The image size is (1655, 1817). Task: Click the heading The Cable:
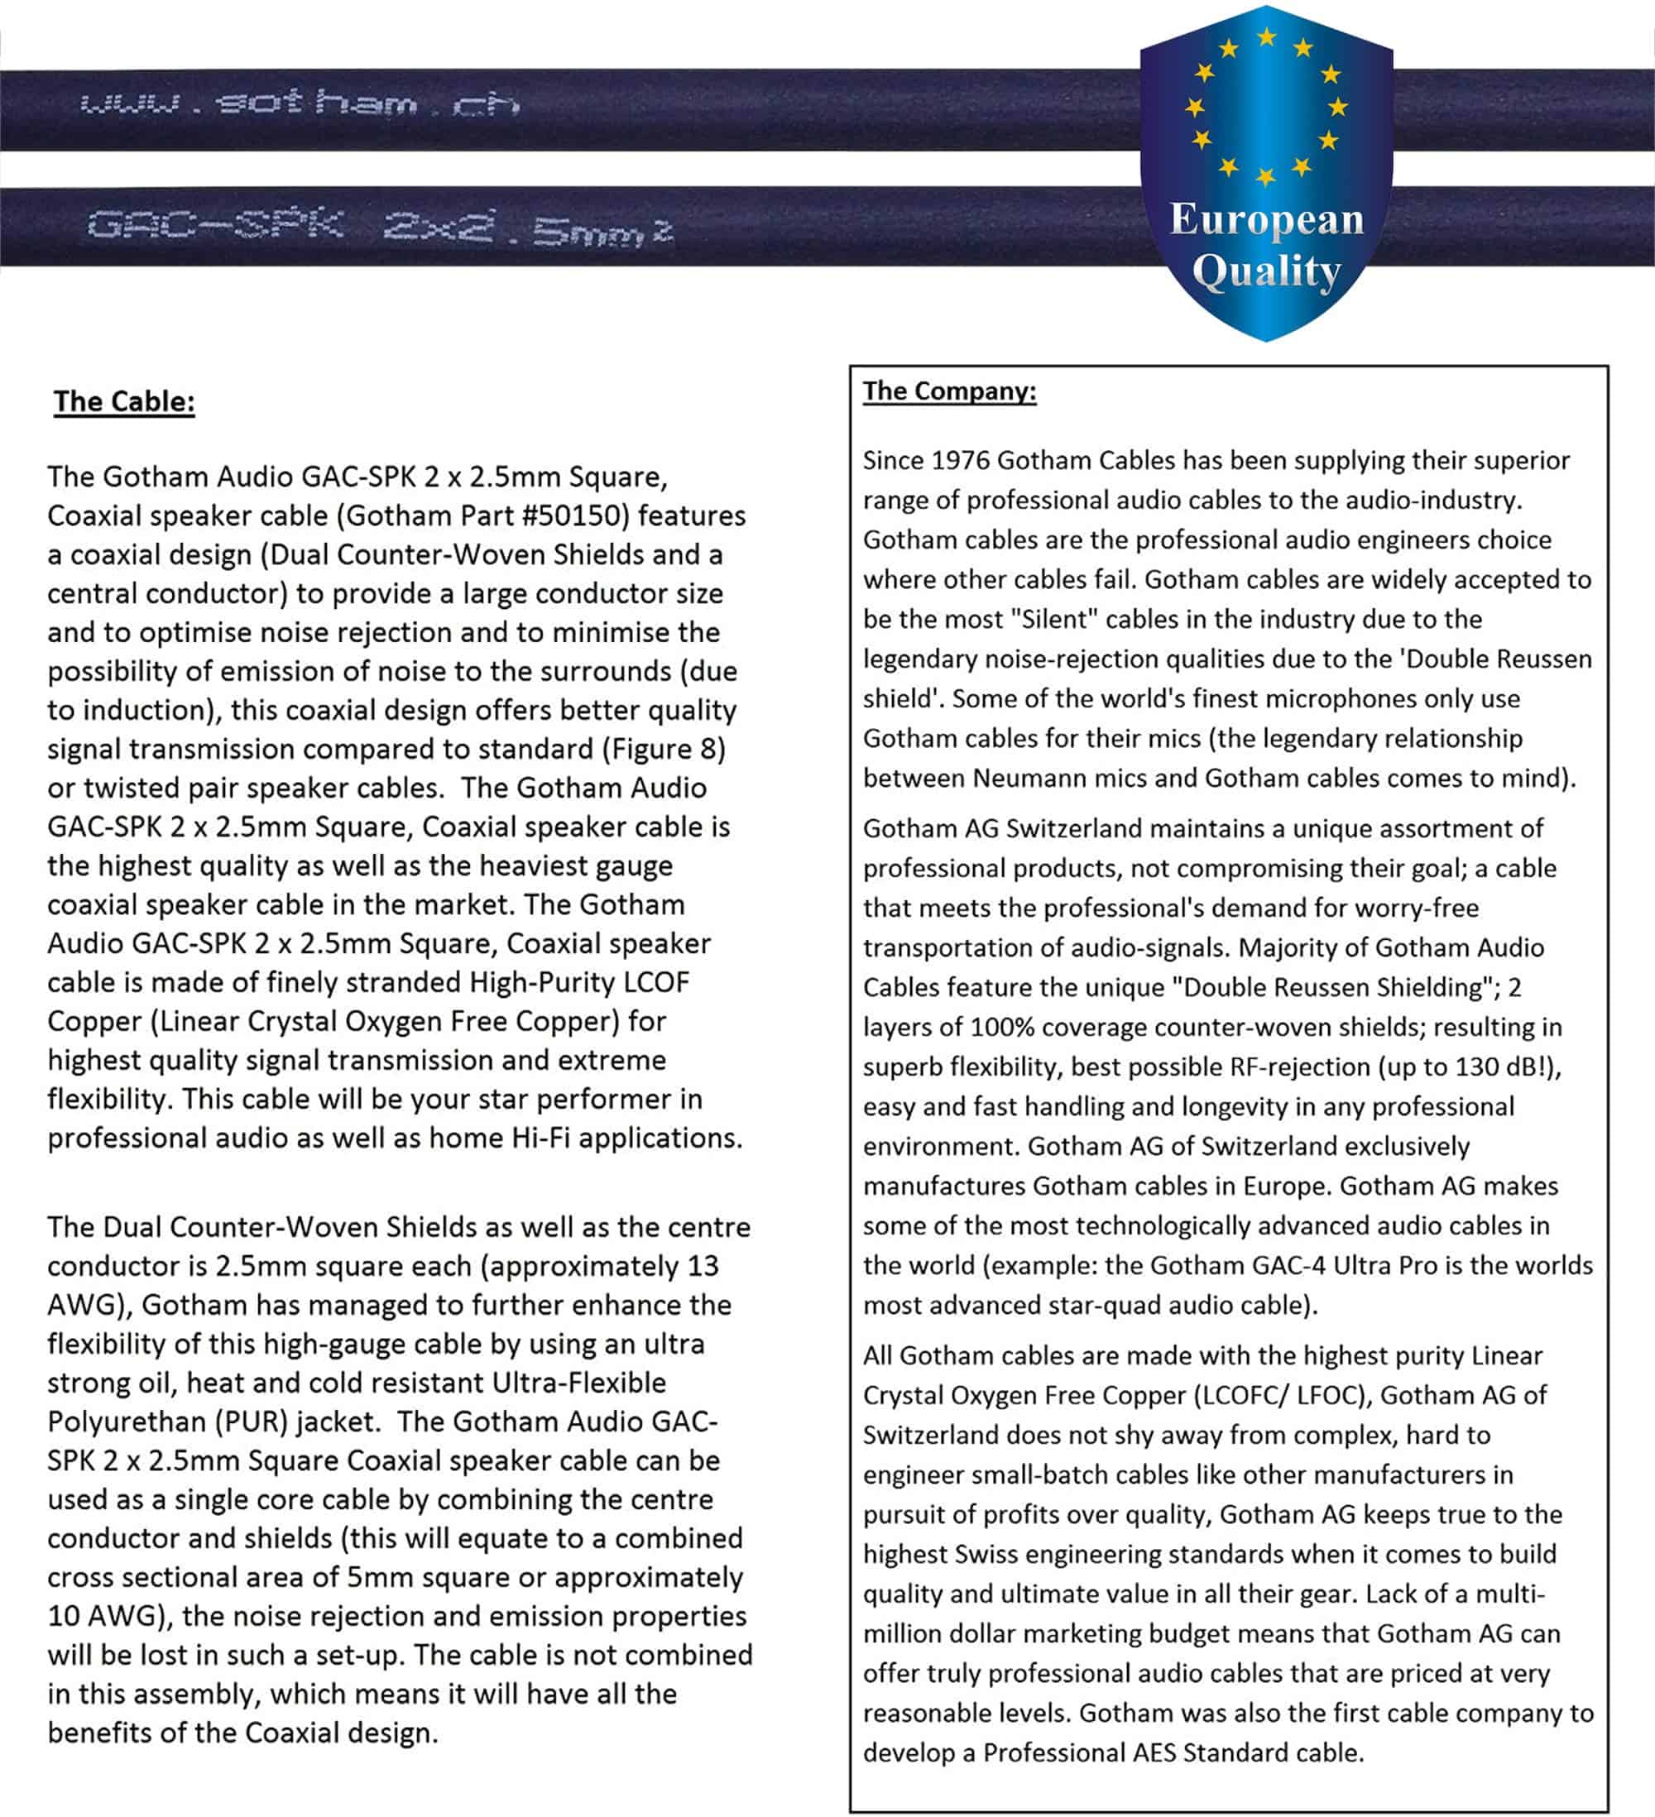tap(124, 402)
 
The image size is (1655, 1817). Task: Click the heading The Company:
tap(949, 391)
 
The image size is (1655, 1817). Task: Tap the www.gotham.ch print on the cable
tap(300, 103)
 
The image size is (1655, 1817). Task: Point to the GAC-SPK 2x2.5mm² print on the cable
tap(380, 226)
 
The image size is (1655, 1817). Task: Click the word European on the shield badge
tap(1267, 219)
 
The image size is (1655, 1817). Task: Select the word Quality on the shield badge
tap(1267, 271)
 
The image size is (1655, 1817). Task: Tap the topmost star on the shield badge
tap(1267, 37)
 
